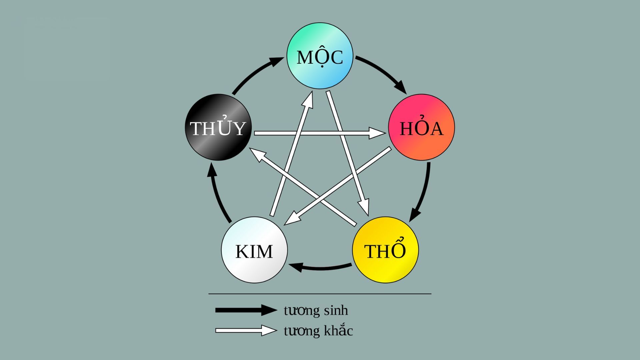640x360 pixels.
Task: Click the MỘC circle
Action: (320, 56)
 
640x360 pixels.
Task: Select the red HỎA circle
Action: (421, 127)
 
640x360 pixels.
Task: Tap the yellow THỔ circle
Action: (385, 250)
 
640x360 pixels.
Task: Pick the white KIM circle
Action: (254, 250)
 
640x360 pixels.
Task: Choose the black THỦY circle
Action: (218, 127)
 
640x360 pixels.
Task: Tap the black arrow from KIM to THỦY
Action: (217, 193)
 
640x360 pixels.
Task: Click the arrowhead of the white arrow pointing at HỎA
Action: (377, 133)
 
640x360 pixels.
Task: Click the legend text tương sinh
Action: (316, 310)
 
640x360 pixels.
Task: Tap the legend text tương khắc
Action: (318, 331)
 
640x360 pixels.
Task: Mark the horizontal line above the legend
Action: (320, 294)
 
